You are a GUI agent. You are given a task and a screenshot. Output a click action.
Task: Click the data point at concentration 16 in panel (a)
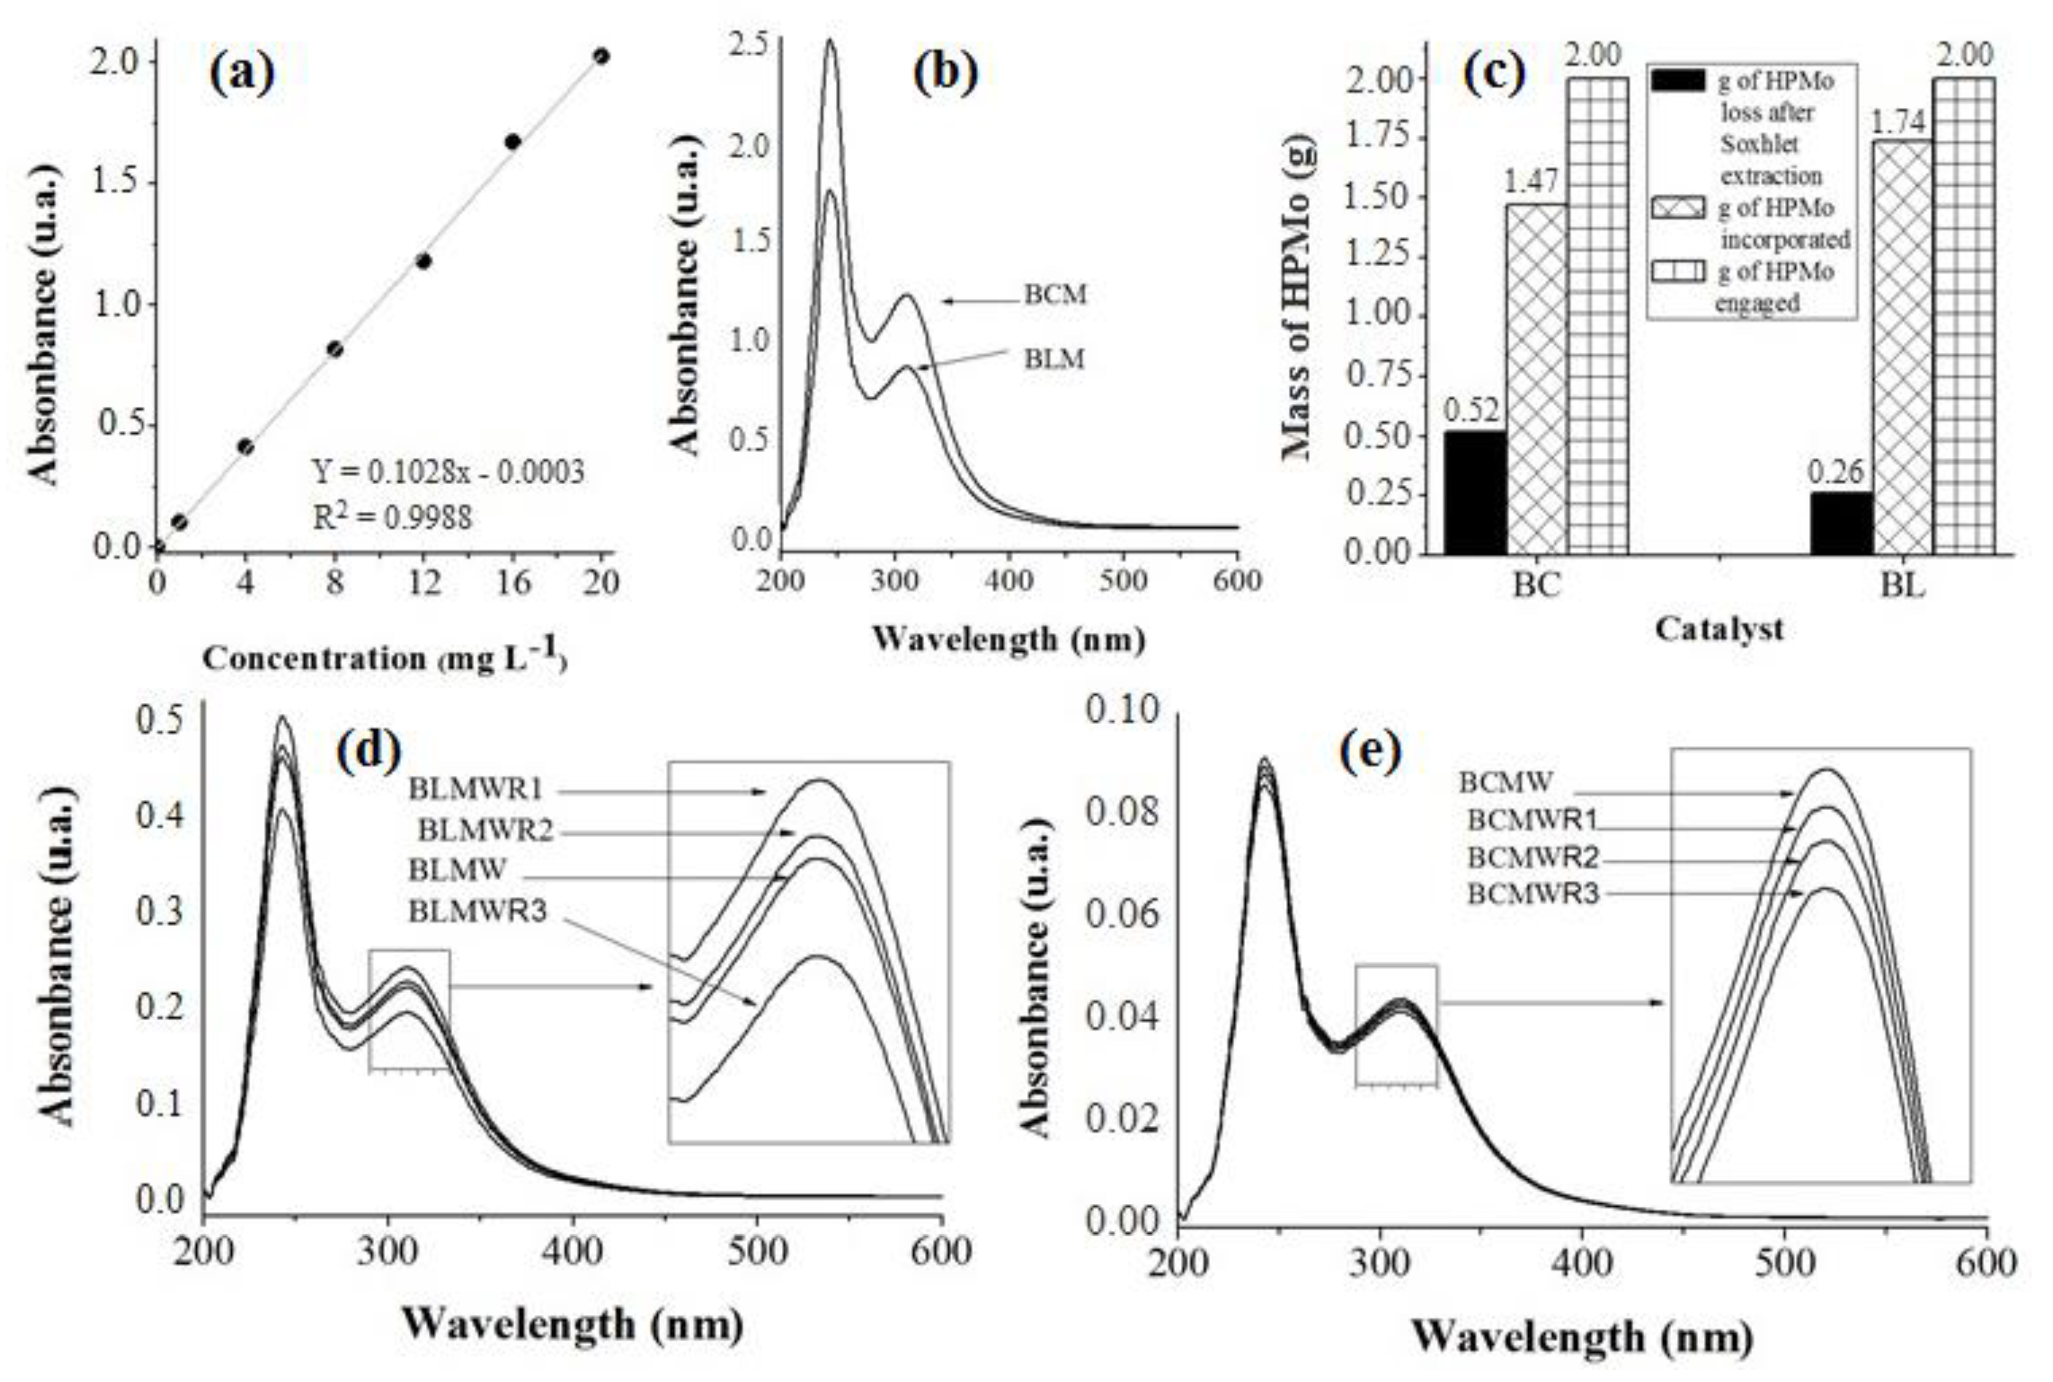point(512,142)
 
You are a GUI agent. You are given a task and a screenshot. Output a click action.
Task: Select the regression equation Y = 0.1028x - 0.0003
point(448,472)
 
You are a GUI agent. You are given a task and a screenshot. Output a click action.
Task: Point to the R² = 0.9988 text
point(392,517)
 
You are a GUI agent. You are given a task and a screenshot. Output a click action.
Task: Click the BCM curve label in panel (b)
point(1055,295)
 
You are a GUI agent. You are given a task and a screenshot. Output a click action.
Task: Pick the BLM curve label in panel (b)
point(1054,360)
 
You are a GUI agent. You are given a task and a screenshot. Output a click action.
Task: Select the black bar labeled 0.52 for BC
point(1475,492)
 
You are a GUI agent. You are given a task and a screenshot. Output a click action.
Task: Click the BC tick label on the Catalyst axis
point(1536,586)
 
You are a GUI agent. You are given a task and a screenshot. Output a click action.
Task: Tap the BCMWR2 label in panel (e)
point(1532,856)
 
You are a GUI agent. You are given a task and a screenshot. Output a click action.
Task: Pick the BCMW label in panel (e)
point(1505,782)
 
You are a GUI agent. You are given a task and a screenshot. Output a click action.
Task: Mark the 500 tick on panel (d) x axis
point(757,1252)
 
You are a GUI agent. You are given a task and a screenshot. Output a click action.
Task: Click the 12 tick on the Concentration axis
point(423,583)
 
